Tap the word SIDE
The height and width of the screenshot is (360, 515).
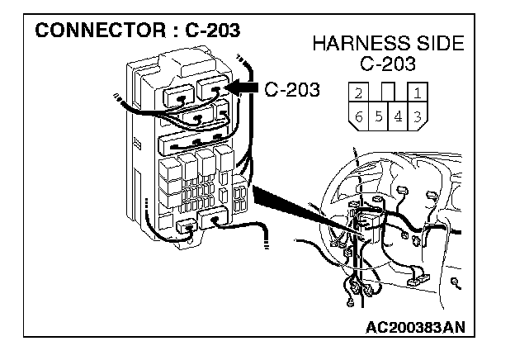tap(434, 44)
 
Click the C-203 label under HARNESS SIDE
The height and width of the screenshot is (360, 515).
tap(388, 64)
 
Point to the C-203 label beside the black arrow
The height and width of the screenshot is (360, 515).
tap(292, 88)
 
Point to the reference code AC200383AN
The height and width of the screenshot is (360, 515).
tap(415, 326)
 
